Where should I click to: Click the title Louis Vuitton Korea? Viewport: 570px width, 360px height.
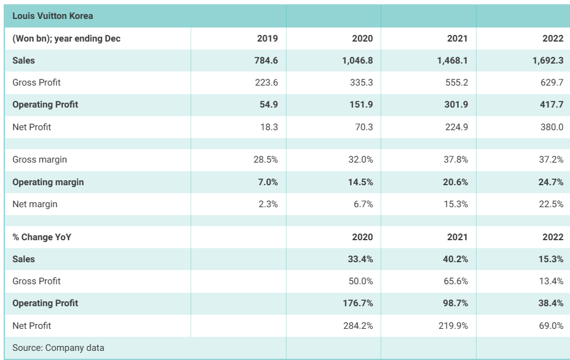click(53, 16)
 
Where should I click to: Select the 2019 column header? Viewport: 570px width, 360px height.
click(267, 39)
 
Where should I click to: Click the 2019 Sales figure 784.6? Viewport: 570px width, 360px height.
click(265, 61)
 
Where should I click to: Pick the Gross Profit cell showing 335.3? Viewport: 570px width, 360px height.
click(360, 83)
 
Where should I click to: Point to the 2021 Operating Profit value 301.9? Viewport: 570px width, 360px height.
click(456, 105)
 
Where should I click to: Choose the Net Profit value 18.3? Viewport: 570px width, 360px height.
click(268, 127)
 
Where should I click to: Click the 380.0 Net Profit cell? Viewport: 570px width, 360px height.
click(550, 127)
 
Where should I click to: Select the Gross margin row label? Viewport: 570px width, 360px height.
click(40, 160)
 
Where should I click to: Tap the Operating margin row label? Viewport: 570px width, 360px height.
click(48, 182)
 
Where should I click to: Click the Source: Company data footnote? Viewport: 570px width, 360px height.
click(58, 348)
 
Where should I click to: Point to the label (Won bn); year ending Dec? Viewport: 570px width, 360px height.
click(67, 39)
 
